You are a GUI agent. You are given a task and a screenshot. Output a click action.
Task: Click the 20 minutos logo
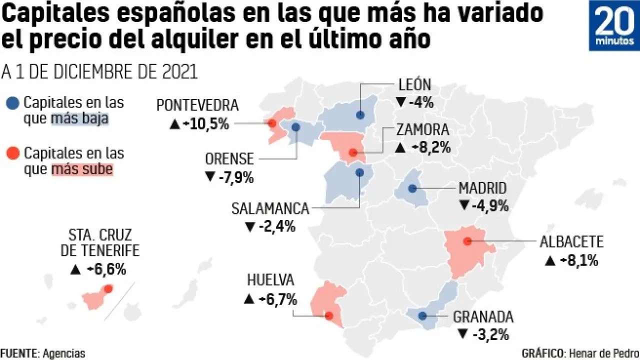click(x=614, y=25)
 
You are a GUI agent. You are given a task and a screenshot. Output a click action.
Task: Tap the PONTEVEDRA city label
click(x=197, y=105)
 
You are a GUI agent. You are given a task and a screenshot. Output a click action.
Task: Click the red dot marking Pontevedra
click(x=272, y=123)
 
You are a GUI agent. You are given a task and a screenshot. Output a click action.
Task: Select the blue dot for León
click(x=360, y=115)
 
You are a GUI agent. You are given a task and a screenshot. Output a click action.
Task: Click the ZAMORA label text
click(x=422, y=130)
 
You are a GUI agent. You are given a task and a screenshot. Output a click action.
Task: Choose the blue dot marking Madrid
click(x=412, y=188)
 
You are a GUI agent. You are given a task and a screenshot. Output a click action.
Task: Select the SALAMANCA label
click(x=270, y=208)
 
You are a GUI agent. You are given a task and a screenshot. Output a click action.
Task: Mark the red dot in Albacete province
click(x=467, y=241)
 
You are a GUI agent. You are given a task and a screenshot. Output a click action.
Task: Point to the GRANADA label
click(x=483, y=317)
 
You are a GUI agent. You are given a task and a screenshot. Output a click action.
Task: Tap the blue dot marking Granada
click(x=422, y=316)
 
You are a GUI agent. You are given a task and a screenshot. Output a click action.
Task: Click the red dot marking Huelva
click(x=328, y=316)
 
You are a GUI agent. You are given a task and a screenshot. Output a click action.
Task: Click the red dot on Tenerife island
click(x=108, y=288)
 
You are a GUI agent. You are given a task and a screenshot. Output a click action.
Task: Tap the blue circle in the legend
click(x=14, y=103)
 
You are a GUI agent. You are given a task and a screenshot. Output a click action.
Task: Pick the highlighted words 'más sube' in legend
click(x=82, y=170)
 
